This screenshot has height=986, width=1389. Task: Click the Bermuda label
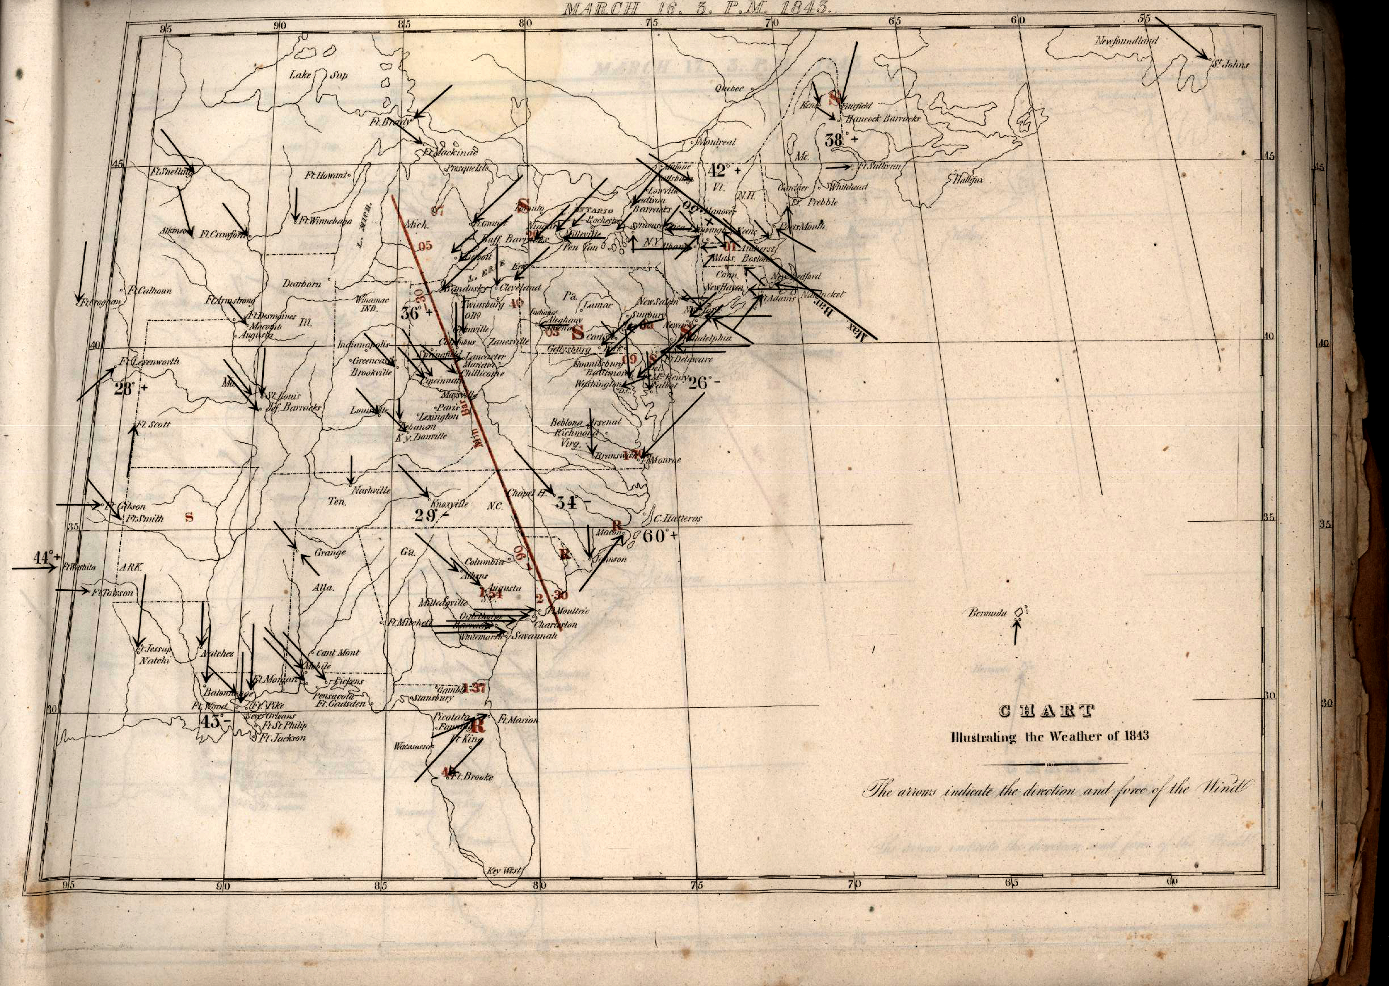[987, 613]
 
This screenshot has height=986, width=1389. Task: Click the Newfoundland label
[1126, 41]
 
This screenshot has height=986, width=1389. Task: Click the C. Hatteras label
[678, 518]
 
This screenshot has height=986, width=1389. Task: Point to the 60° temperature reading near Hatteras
[658, 536]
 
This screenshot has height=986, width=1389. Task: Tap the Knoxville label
[449, 504]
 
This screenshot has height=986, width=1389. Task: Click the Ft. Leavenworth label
[149, 361]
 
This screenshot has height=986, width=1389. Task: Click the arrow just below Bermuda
[1015, 634]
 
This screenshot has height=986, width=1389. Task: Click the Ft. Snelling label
[172, 172]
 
